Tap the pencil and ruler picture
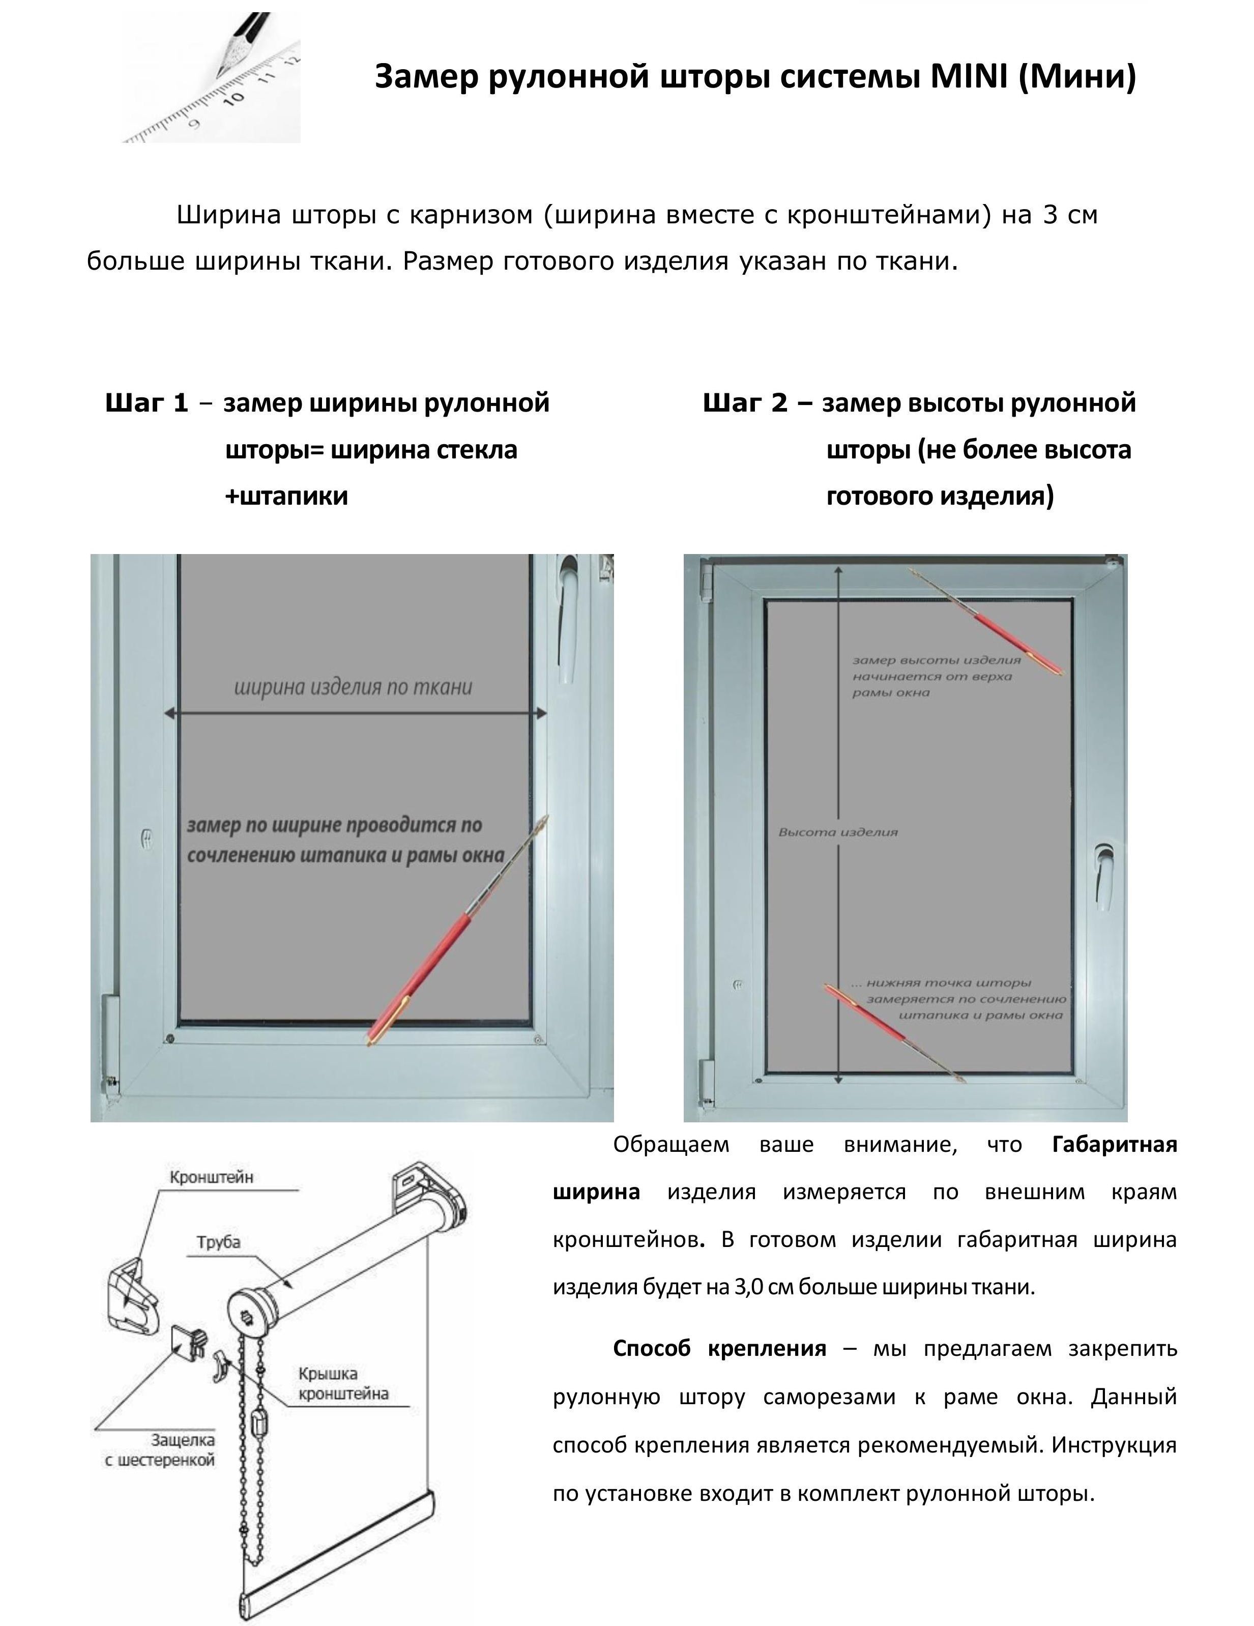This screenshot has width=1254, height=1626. (x=212, y=78)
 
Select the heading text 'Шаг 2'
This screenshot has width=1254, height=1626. (x=745, y=403)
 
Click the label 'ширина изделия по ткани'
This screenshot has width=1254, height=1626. (x=353, y=686)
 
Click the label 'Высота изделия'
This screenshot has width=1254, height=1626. (x=838, y=832)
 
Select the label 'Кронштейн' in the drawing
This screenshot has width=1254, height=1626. (x=212, y=1177)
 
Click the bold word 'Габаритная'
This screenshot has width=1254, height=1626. (x=1114, y=1144)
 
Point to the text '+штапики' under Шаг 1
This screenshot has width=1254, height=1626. (x=287, y=496)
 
